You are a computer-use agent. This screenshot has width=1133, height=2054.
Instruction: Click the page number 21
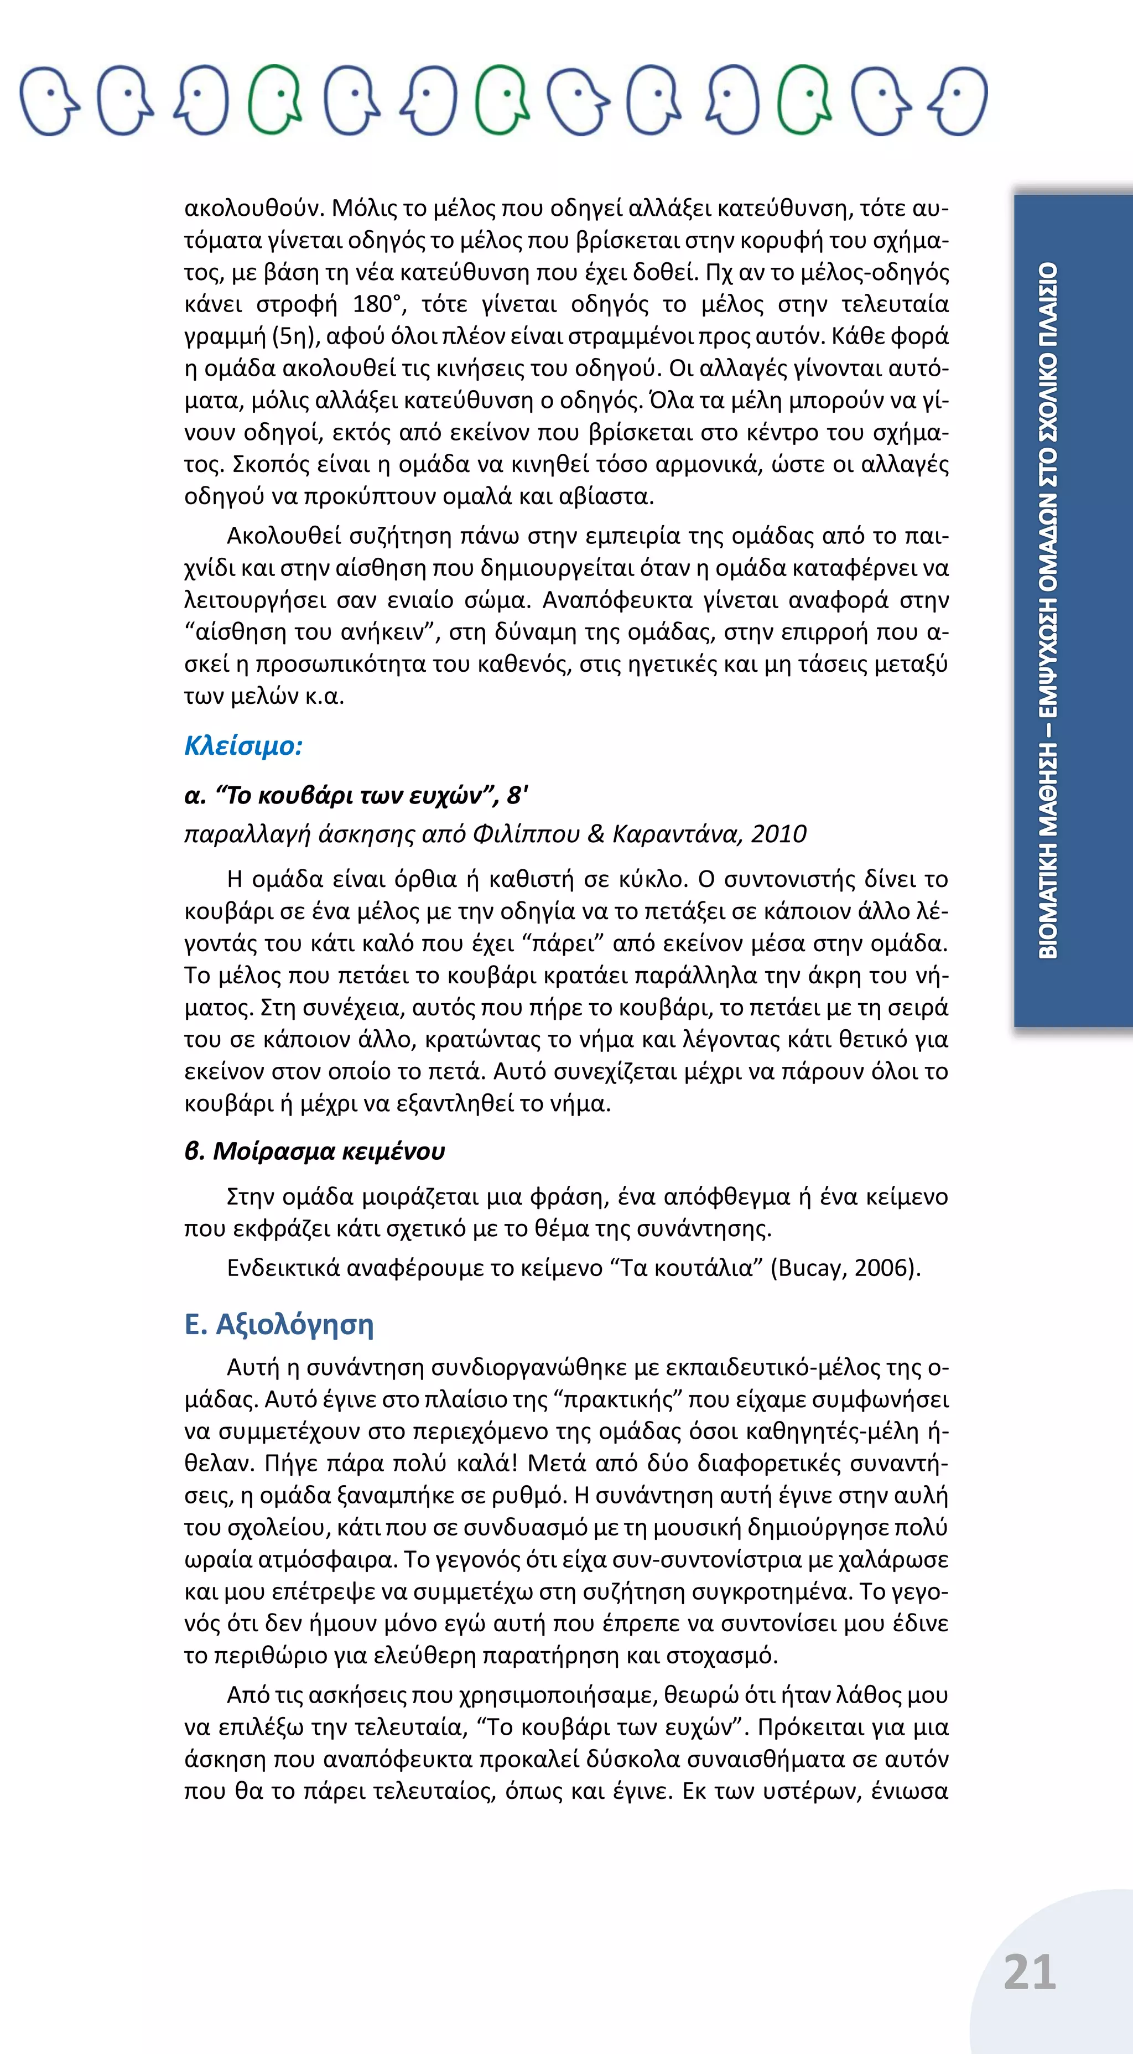[1030, 1972]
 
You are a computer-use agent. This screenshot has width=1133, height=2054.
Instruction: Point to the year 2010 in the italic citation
[778, 834]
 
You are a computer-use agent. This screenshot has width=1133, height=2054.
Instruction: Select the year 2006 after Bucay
[882, 1268]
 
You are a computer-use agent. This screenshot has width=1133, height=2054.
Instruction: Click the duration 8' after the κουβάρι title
[517, 795]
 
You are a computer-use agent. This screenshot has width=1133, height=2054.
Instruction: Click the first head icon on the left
[49, 101]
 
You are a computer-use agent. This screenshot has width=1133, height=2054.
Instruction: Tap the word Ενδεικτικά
[283, 1268]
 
